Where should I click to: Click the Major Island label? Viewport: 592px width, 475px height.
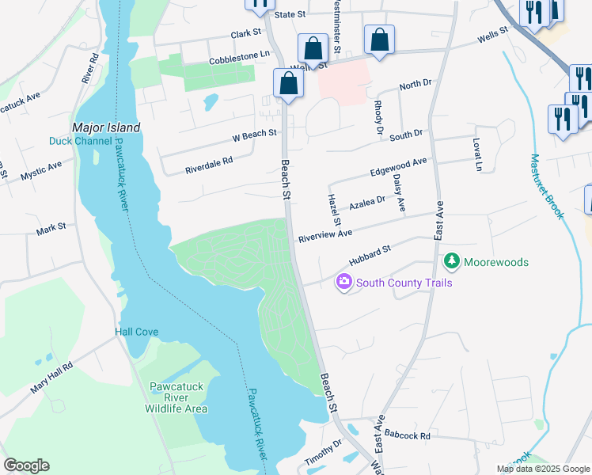point(106,127)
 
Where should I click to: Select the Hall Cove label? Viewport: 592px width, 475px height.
point(137,332)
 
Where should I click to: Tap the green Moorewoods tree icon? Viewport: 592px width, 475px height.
point(451,261)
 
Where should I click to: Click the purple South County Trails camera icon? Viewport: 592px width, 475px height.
point(343,282)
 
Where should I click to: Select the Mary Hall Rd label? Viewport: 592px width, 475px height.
point(51,378)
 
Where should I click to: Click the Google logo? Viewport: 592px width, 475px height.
point(26,465)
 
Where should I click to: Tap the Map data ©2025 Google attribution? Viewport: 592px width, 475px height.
point(543,469)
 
